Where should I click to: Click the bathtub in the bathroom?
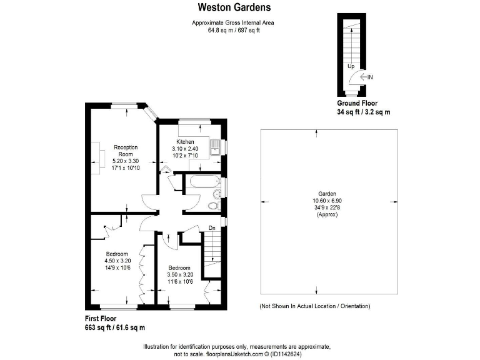(x=199, y=183)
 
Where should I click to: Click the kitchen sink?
(x=216, y=145)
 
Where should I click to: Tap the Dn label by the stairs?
(x=212, y=227)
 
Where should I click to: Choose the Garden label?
(x=327, y=193)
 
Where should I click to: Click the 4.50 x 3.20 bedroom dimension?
(x=117, y=261)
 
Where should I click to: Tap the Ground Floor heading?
(x=357, y=103)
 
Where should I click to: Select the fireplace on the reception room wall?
(x=97, y=155)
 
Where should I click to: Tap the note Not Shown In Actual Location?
(x=314, y=306)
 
